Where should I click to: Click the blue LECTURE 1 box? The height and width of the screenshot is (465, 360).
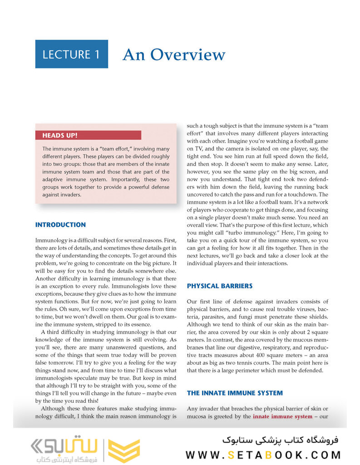71,54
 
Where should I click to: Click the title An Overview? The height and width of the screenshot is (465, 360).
173,54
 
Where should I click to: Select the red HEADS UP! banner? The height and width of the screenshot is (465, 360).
88,135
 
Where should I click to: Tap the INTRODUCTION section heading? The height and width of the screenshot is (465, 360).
60,225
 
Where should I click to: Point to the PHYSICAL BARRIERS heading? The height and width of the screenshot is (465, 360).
220,286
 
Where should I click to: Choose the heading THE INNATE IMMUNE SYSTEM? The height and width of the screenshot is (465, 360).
235,393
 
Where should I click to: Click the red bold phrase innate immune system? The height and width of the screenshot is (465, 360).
282,416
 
